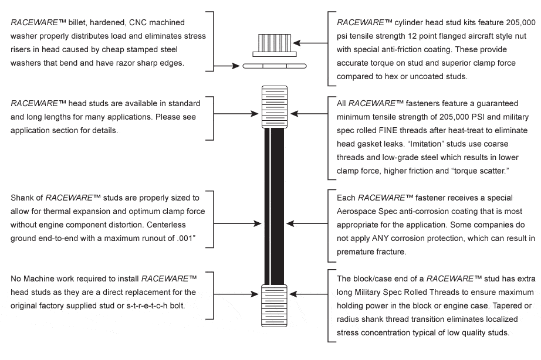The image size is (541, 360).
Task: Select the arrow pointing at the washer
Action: click(x=229, y=66)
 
